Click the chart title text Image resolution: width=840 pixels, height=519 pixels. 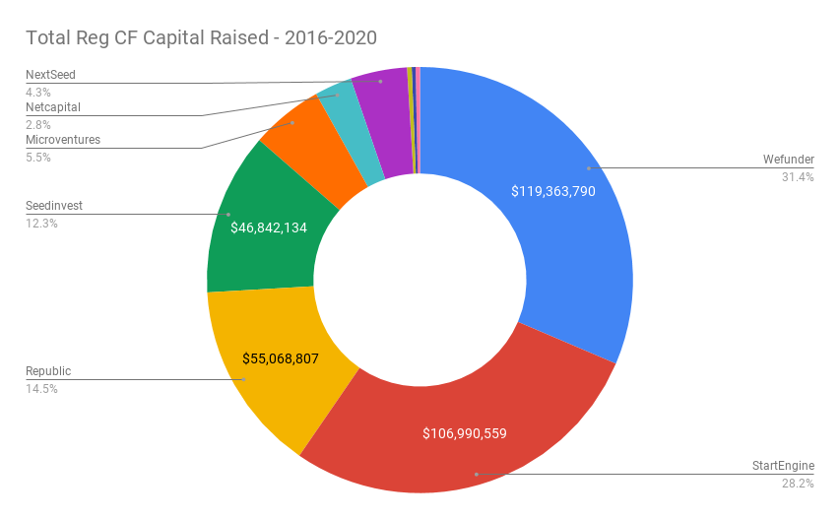[x=201, y=38]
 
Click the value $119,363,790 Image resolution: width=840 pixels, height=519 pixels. [x=552, y=191]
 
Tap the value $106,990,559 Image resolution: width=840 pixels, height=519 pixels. [x=464, y=433]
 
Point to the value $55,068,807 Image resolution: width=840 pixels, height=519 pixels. [x=281, y=358]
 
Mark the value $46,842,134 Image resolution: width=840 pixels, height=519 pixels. [x=269, y=227]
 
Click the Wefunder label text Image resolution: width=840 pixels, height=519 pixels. [x=788, y=160]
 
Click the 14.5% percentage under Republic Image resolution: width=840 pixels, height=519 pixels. [x=41, y=389]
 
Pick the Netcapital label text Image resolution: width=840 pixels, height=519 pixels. [x=53, y=106]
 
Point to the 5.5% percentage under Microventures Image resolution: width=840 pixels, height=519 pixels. [x=37, y=157]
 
